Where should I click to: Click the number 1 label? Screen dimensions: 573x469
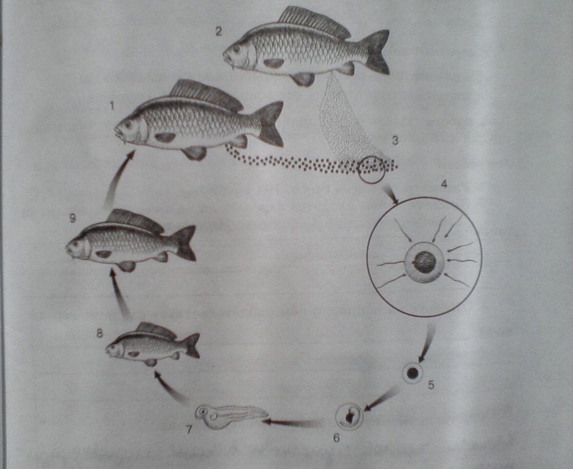point(112,106)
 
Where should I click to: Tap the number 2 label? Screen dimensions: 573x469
point(218,31)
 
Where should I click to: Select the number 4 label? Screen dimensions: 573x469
point(444,184)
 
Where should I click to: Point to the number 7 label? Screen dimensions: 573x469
point(189,429)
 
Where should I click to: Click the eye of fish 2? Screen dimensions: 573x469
point(237,49)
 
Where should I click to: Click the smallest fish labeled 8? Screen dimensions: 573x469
point(153,345)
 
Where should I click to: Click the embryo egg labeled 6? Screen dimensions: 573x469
point(349,416)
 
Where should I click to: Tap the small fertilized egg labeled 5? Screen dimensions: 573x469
point(413,373)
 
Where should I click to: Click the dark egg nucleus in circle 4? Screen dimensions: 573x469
point(424,262)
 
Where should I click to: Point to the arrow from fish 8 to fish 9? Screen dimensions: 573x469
point(119,293)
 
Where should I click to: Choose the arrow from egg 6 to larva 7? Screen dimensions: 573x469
point(292,423)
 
